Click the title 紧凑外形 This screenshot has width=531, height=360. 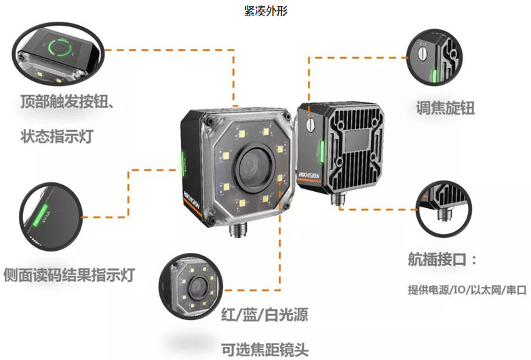(x=266, y=12)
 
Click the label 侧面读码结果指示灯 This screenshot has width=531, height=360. (x=69, y=275)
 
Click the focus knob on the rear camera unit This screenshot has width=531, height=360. (x=311, y=125)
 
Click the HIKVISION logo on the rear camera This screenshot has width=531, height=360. (x=308, y=178)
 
